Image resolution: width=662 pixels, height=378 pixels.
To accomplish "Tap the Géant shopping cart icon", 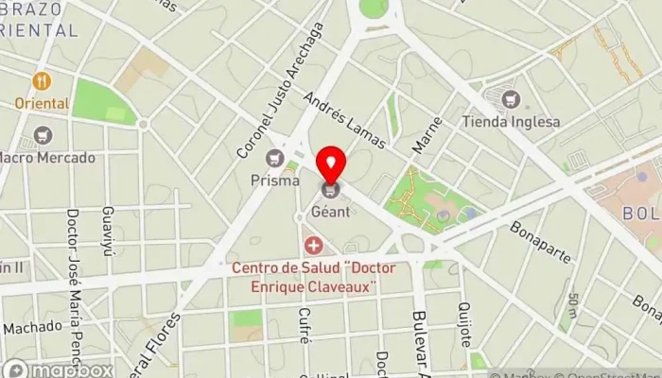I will pyautogui.click(x=331, y=191).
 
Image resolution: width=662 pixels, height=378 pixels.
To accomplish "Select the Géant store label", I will pyautogui.click(x=331, y=211).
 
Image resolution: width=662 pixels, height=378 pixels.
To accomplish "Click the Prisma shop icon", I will pyautogui.click(x=275, y=158).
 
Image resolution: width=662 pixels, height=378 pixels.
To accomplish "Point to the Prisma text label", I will pyautogui.click(x=275, y=179).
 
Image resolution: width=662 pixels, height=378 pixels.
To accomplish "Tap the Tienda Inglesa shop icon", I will pyautogui.click(x=512, y=99).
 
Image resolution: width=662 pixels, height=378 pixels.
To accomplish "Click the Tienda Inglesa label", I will pyautogui.click(x=512, y=121).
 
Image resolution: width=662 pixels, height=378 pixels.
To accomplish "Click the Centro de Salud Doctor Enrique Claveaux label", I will pyautogui.click(x=314, y=277).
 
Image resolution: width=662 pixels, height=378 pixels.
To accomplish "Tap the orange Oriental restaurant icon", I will pyautogui.click(x=41, y=81).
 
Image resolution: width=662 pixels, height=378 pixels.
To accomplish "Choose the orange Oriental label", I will pyautogui.click(x=41, y=102).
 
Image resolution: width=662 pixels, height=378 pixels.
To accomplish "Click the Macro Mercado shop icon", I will pyautogui.click(x=42, y=136).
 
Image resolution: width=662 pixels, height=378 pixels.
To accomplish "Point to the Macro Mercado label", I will pyautogui.click(x=47, y=157).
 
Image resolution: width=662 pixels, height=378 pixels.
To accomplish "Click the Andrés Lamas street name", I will pyautogui.click(x=345, y=120).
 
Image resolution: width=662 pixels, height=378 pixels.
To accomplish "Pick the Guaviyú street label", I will pyautogui.click(x=108, y=225).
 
